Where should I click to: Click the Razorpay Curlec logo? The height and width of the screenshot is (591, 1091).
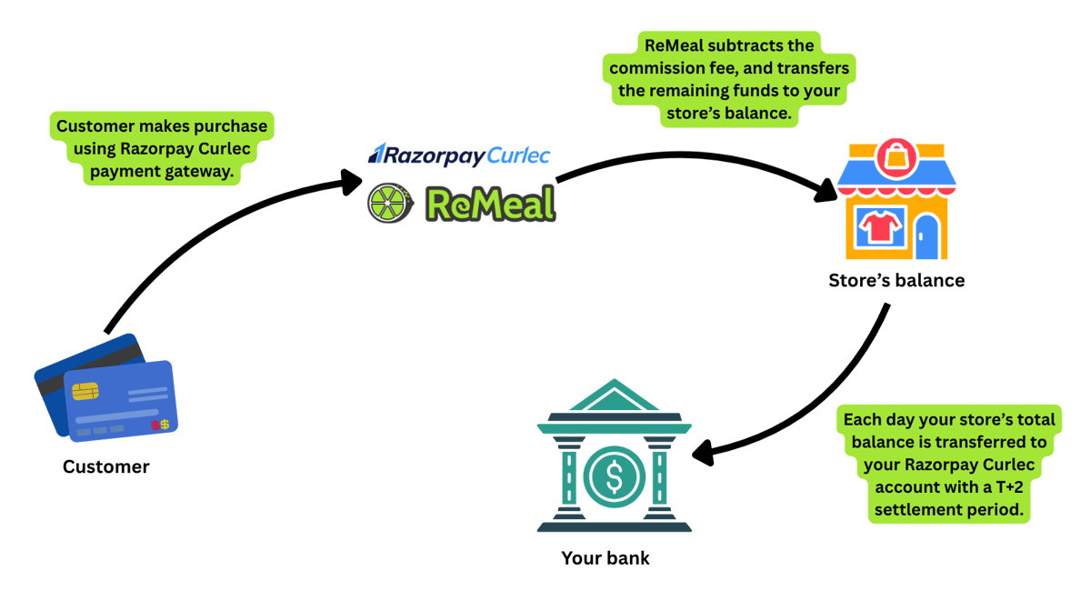tap(458, 155)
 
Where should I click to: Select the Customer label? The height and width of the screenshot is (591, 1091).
tap(105, 467)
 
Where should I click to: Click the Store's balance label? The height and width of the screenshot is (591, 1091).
tap(896, 281)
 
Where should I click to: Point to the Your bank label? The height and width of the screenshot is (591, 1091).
tap(606, 558)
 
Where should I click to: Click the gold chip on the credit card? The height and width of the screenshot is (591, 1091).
tap(85, 391)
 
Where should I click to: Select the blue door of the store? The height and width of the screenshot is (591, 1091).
tap(926, 236)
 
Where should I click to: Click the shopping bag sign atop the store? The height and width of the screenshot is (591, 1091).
tap(896, 161)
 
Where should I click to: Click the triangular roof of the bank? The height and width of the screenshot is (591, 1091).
tap(613, 399)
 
